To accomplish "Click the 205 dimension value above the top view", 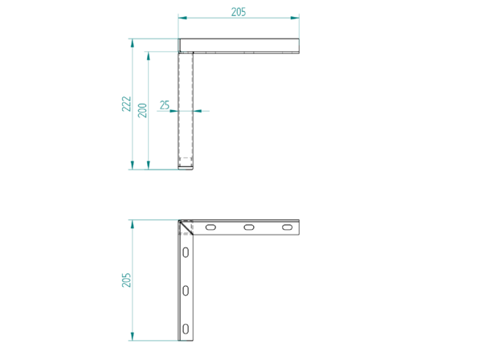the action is (239, 12).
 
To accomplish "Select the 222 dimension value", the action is (126, 104).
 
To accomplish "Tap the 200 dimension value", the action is (142, 110).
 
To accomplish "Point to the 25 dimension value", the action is (165, 105).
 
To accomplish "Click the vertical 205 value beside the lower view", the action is (126, 280).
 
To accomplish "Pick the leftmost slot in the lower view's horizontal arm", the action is (210, 227).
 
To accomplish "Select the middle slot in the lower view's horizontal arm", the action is (249, 227).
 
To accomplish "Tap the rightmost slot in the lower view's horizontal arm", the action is (287, 227).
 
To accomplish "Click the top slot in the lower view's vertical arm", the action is (186, 252).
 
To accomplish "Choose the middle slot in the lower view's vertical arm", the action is (186, 291).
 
